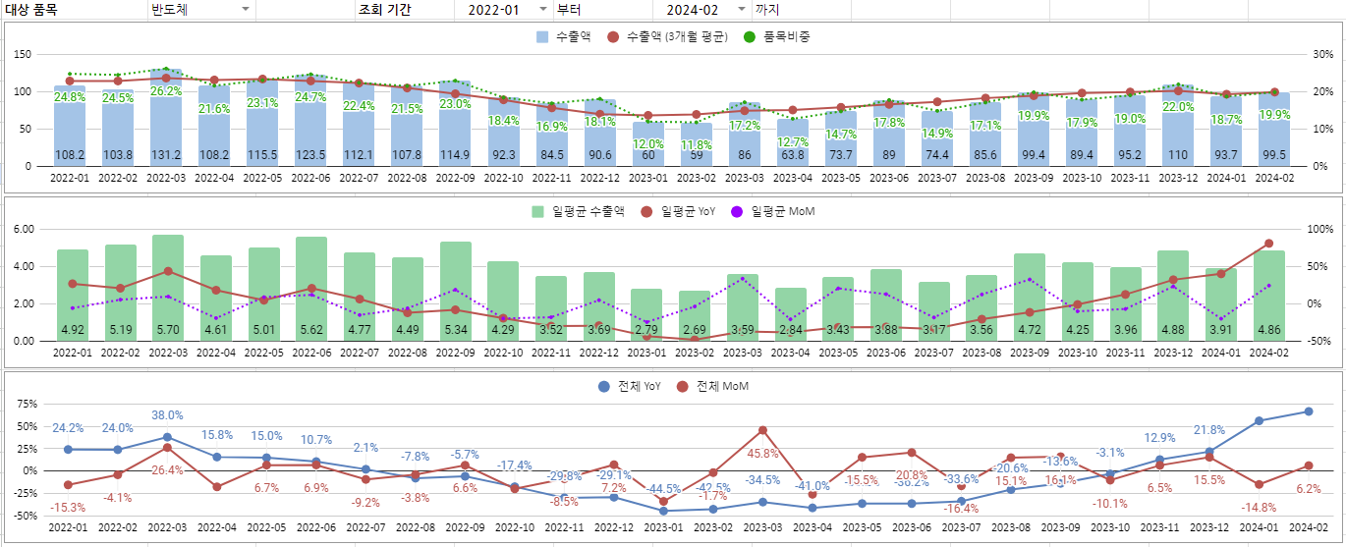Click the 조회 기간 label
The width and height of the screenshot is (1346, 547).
(x=385, y=10)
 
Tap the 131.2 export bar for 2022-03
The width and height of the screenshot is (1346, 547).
(x=165, y=118)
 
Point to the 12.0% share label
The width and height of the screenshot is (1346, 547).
(x=647, y=143)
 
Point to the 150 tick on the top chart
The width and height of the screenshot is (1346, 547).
(x=22, y=54)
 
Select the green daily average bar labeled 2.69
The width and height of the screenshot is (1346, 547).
(x=695, y=314)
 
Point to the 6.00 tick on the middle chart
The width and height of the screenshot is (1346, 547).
(x=22, y=229)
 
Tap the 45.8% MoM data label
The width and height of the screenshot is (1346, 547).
(x=762, y=454)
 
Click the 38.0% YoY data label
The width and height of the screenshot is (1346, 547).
(x=168, y=415)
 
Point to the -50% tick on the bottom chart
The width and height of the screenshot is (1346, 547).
(x=26, y=516)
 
